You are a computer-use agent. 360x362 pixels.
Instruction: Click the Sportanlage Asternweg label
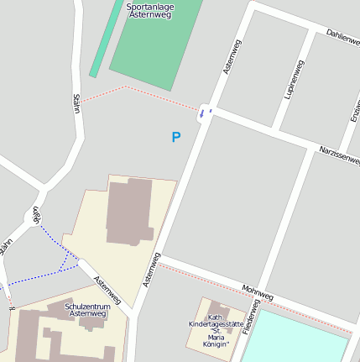click(x=149, y=10)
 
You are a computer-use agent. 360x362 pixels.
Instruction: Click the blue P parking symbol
click(x=175, y=137)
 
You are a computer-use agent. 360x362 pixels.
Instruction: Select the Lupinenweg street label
click(x=293, y=81)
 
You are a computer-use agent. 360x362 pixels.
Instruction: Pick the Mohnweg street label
click(x=258, y=291)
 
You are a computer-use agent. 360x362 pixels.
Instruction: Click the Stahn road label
click(x=76, y=105)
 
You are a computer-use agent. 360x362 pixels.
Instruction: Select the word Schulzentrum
click(x=87, y=307)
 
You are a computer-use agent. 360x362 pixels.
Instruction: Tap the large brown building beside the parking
click(x=128, y=212)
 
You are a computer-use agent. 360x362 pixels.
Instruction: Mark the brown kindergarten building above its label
click(x=217, y=310)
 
